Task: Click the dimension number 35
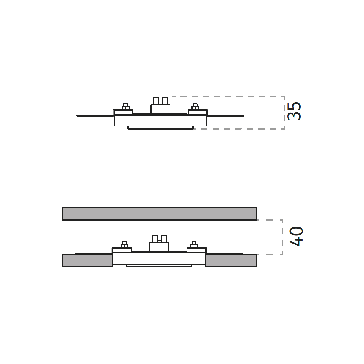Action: [294, 111]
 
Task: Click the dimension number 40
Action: [296, 236]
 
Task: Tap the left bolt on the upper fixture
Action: [126, 106]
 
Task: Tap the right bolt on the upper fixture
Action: [195, 106]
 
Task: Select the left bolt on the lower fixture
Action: [124, 244]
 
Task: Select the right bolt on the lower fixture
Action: [194, 244]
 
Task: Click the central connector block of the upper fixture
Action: [160, 105]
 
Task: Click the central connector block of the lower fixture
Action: [159, 243]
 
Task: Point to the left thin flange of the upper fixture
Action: [95, 116]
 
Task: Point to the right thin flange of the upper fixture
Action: [226, 116]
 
